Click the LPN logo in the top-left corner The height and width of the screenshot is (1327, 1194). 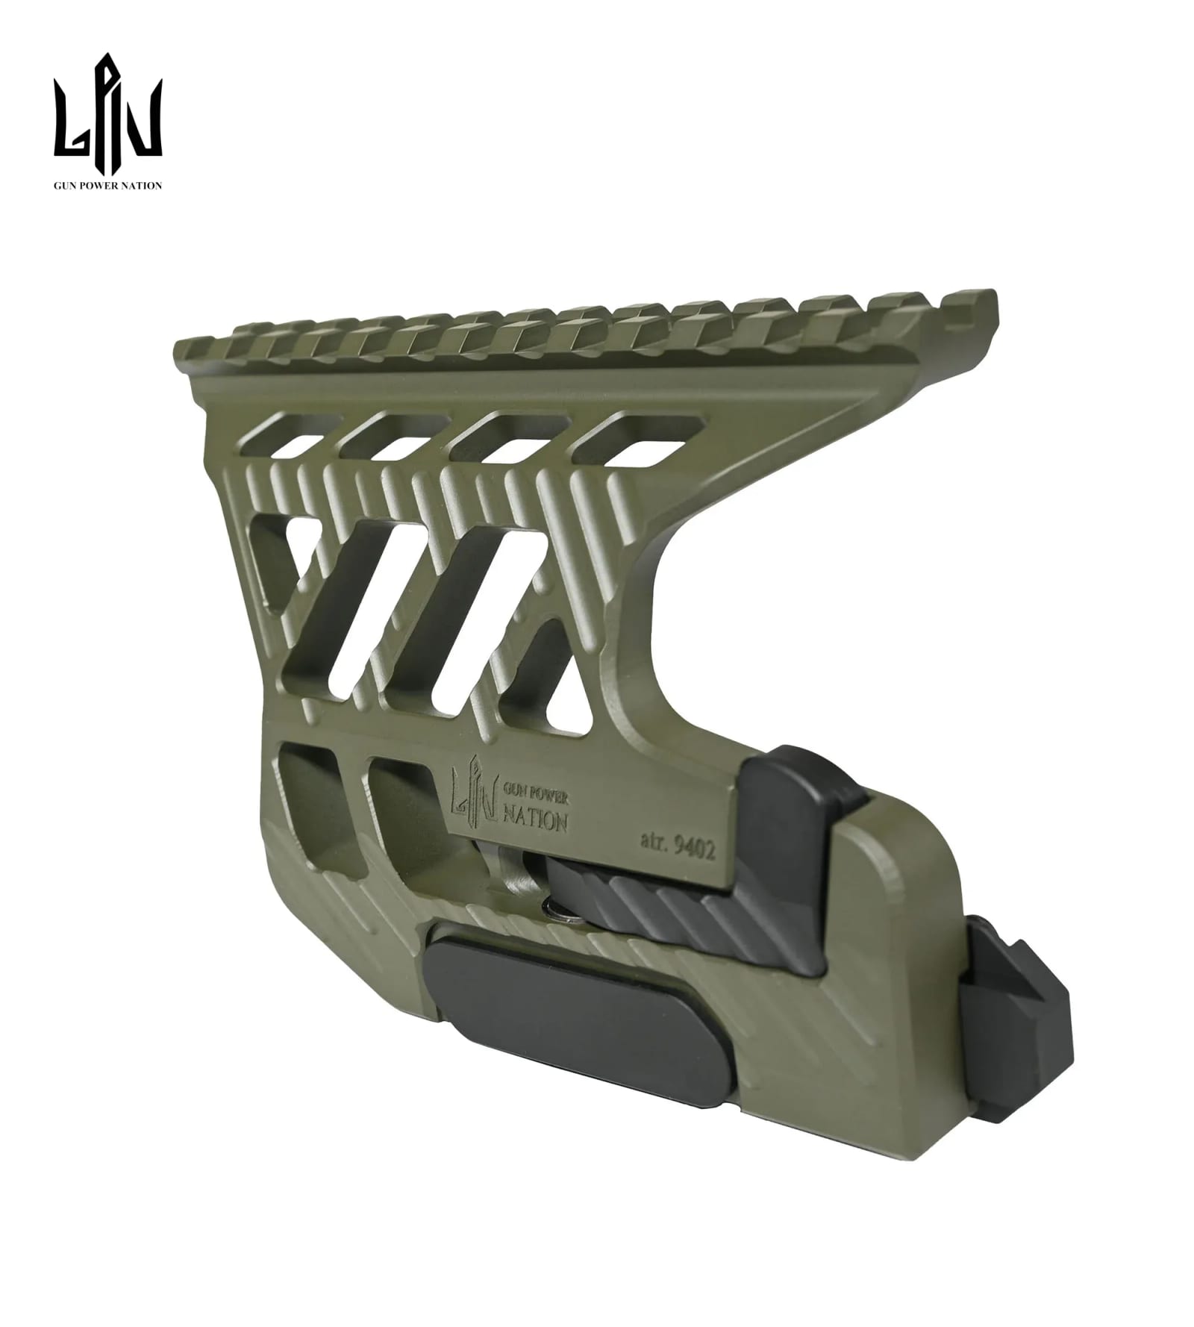click(x=107, y=105)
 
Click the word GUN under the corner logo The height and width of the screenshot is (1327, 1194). click(x=64, y=185)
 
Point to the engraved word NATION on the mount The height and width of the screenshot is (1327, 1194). click(x=537, y=821)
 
